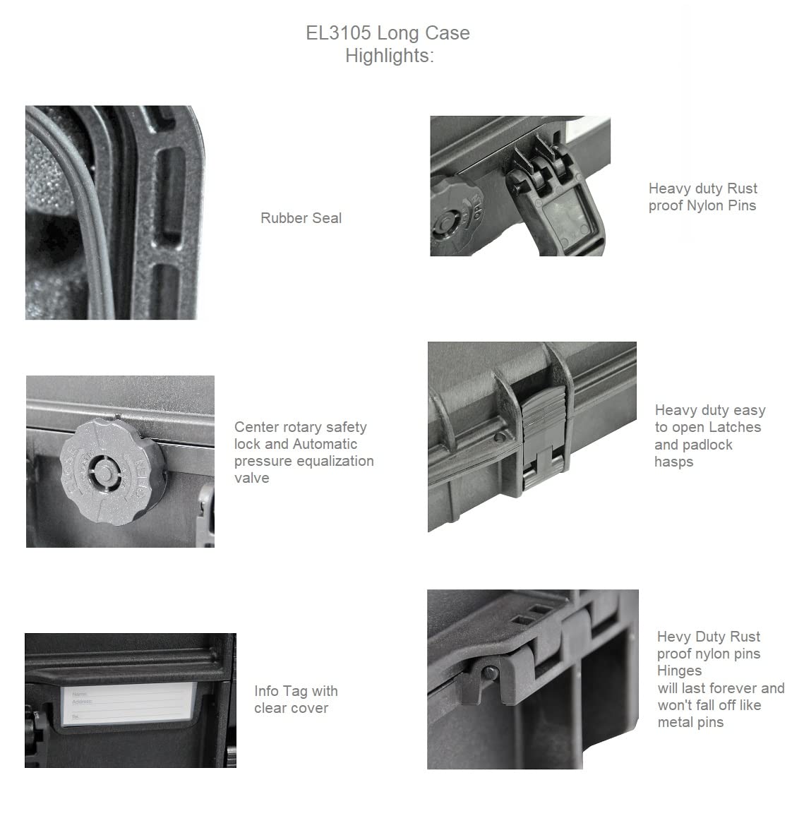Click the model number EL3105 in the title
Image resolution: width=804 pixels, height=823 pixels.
point(339,33)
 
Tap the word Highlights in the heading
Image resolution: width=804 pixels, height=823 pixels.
point(388,56)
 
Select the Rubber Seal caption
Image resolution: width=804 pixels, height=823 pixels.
point(301,218)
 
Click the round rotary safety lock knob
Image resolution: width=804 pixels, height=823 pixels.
point(112,472)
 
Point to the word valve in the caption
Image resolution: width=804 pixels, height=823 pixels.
point(251,478)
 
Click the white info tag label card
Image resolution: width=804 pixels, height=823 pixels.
point(128,704)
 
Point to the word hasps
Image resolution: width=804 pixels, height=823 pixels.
point(674,462)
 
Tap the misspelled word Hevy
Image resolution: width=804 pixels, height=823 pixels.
point(674,637)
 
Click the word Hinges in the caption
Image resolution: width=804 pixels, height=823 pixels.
point(679,671)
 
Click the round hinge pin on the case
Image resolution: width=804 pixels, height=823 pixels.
point(491,672)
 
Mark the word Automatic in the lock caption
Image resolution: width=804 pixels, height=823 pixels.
point(325,444)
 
